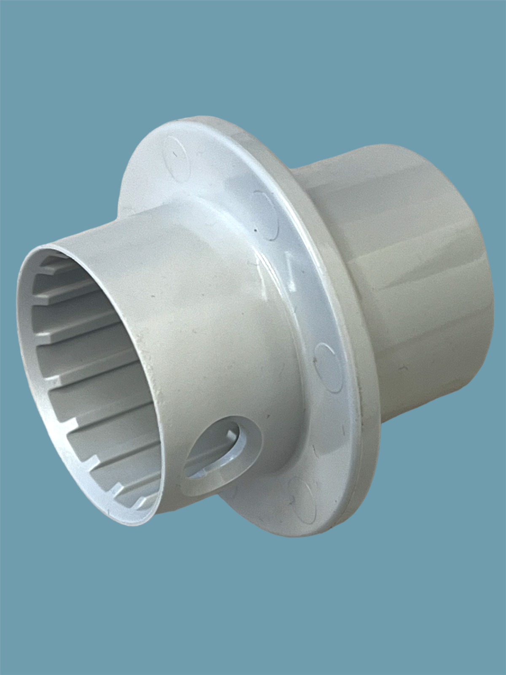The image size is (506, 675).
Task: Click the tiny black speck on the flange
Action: click(x=255, y=231)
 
